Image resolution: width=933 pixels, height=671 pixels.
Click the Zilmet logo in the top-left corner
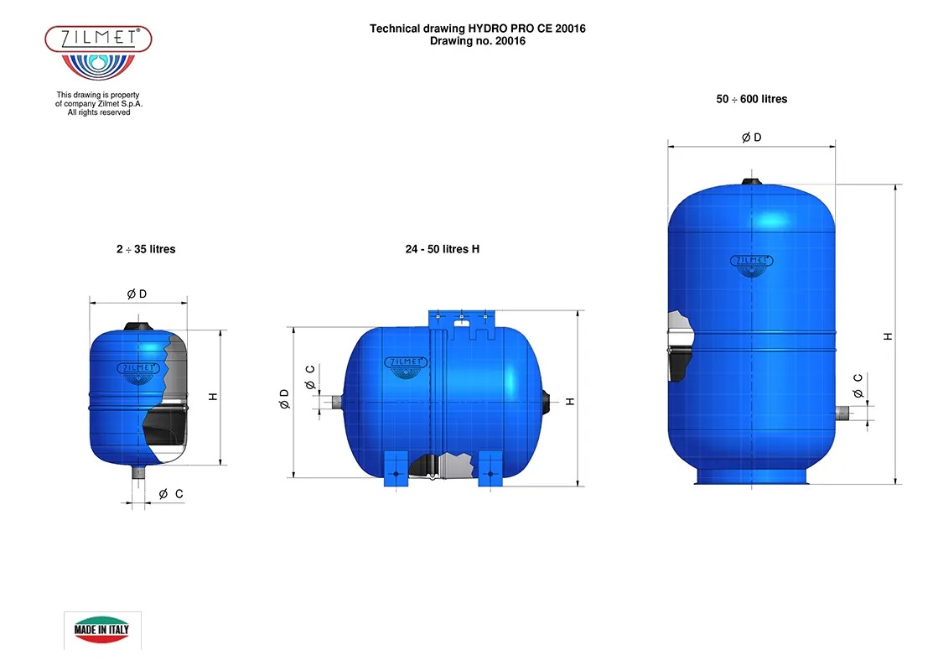pos(98,52)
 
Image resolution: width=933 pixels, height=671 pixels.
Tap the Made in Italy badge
pos(101,629)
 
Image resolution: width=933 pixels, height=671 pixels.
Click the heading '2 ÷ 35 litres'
pos(146,249)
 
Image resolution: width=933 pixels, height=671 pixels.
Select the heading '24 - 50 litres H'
pos(442,249)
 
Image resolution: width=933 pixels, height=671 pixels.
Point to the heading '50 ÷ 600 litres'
pos(752,99)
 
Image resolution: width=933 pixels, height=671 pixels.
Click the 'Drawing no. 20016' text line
pos(478,41)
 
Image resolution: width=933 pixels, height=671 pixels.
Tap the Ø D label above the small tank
pos(137,294)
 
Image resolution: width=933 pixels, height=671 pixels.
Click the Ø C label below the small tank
pos(171,494)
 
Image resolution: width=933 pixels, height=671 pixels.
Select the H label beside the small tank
pos(213,397)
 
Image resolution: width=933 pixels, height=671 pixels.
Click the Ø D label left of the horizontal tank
pos(284,399)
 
